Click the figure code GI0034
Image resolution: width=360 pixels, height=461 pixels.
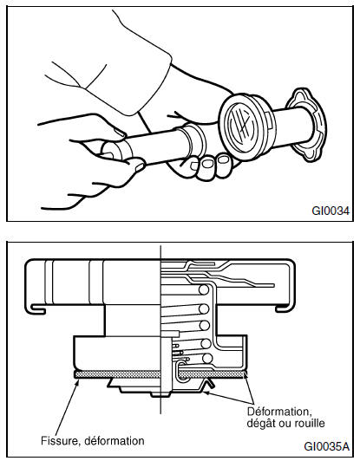[331, 211]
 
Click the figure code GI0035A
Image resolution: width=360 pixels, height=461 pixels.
[326, 446]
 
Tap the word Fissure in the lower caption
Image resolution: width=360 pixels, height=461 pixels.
[60, 441]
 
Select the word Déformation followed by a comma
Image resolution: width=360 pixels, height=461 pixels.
[279, 412]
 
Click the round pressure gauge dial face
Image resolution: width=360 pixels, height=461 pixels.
[241, 125]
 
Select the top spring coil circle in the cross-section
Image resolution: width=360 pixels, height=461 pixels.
[204, 290]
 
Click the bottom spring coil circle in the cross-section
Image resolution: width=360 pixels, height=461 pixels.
[207, 359]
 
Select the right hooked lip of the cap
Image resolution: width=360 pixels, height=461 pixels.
[285, 308]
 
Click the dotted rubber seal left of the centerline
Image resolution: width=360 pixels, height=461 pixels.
[117, 374]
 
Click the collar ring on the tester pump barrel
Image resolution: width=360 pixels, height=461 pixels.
[195, 140]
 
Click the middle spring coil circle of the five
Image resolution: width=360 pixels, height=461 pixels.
[204, 326]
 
